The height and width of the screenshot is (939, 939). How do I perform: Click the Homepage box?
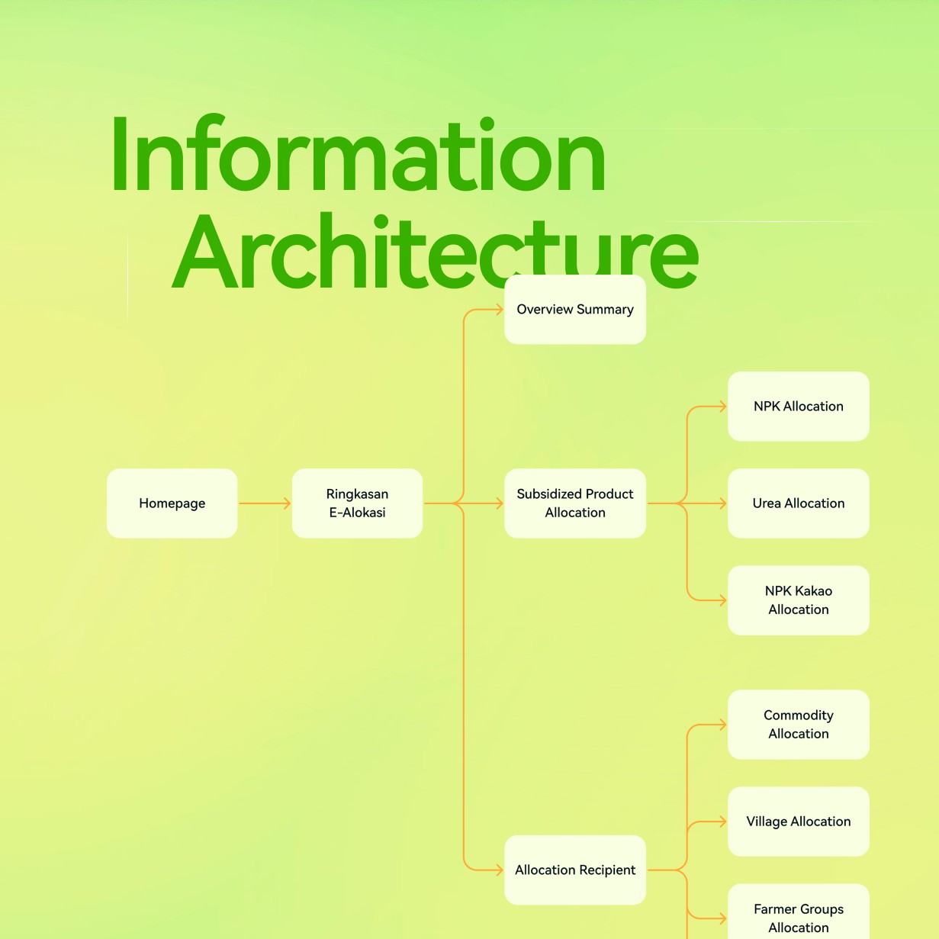(172, 503)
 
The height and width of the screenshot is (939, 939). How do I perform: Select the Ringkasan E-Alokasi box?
(357, 503)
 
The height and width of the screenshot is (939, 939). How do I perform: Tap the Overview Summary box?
(575, 310)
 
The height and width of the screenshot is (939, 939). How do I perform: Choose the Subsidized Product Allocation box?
(575, 503)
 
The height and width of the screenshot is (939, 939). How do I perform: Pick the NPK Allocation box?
(799, 407)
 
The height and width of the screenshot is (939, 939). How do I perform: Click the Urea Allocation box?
(799, 503)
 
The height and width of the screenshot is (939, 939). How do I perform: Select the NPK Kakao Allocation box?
(799, 600)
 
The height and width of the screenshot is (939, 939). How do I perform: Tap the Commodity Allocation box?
(799, 725)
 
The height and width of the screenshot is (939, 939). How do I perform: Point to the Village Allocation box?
(799, 822)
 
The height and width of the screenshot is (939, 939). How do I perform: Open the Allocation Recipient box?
(575, 870)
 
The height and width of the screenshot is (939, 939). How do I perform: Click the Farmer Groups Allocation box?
(799, 915)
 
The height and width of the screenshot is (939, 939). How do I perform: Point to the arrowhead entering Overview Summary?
(499, 310)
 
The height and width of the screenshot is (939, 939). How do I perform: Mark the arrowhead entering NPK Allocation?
(722, 407)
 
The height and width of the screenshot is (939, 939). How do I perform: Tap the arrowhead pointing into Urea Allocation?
(722, 503)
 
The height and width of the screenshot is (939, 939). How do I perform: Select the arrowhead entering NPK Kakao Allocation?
(722, 600)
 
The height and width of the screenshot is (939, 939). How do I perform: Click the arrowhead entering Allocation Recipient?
(499, 870)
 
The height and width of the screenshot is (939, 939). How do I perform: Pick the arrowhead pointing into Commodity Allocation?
(722, 725)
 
